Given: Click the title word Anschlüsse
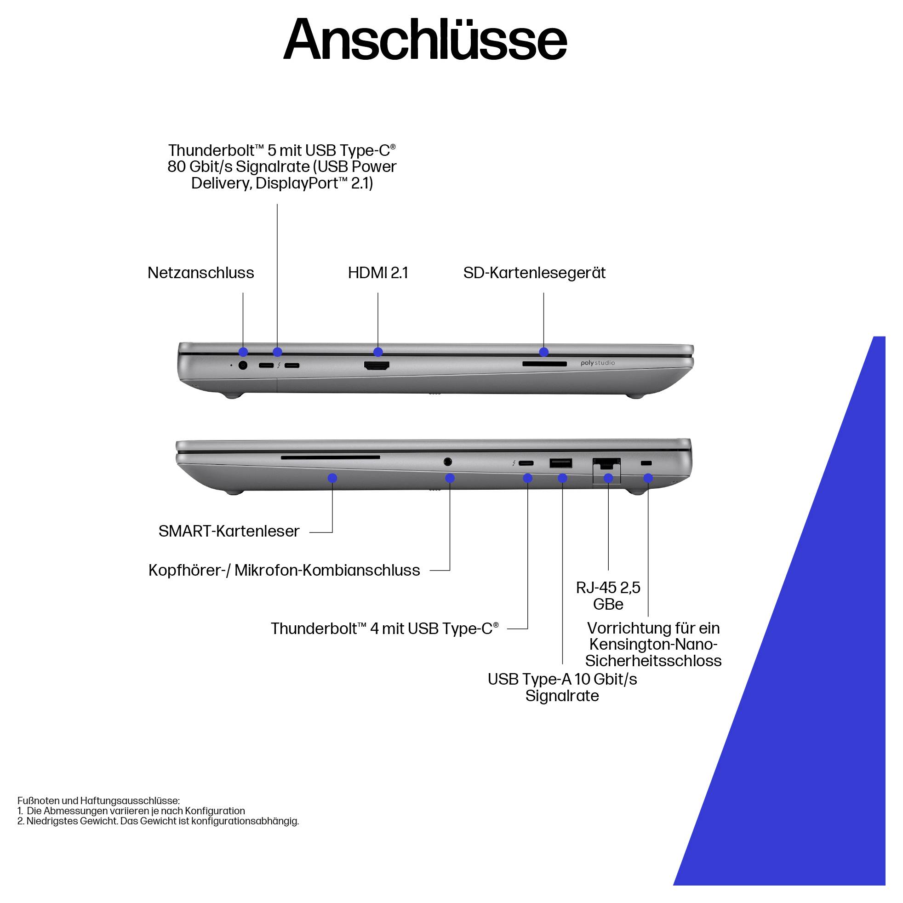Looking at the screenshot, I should (x=425, y=40).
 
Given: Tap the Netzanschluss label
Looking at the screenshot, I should (x=200, y=273).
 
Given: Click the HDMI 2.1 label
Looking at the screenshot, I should (x=377, y=273).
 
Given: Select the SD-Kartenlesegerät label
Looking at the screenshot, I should (x=534, y=273).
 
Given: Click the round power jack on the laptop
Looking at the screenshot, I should (x=243, y=365).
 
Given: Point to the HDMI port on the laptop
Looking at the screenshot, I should (x=377, y=366).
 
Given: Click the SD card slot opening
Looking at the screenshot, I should (x=544, y=364).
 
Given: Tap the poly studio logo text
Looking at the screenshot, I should (x=597, y=363).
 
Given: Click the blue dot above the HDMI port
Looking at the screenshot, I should (x=378, y=352).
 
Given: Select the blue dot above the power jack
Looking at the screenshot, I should (x=243, y=352).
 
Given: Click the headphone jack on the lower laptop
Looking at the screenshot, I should (x=448, y=462).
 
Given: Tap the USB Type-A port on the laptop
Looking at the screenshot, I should (x=561, y=463).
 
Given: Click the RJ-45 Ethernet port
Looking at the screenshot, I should (x=606, y=463).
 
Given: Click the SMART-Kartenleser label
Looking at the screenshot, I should (x=229, y=531).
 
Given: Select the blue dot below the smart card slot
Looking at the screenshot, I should (x=332, y=478).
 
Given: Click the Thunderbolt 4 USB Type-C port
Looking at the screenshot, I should (x=526, y=463).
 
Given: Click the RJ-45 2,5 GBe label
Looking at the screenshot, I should (x=608, y=595).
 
